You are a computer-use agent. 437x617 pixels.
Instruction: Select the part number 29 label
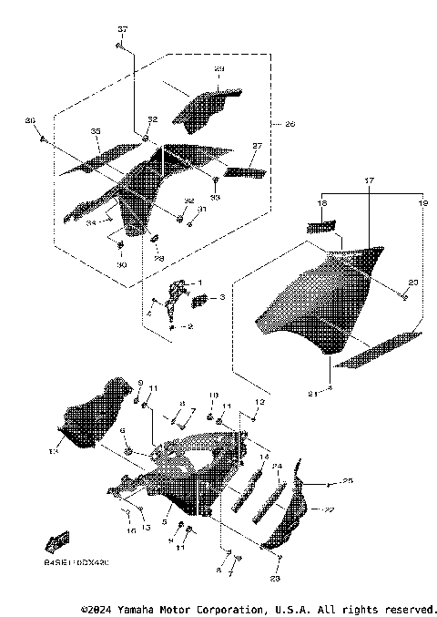(x=218, y=70)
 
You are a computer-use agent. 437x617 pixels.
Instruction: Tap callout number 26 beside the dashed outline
(x=290, y=124)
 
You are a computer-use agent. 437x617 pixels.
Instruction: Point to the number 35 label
(x=95, y=132)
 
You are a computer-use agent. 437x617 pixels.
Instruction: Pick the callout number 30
(x=121, y=265)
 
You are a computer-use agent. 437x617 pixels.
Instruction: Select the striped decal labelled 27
(x=243, y=171)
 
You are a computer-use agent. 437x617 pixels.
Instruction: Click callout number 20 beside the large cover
(x=412, y=283)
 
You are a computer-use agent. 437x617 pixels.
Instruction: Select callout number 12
(x=259, y=401)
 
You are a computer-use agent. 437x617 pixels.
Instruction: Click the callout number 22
(x=330, y=509)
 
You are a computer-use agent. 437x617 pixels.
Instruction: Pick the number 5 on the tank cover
(x=165, y=522)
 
